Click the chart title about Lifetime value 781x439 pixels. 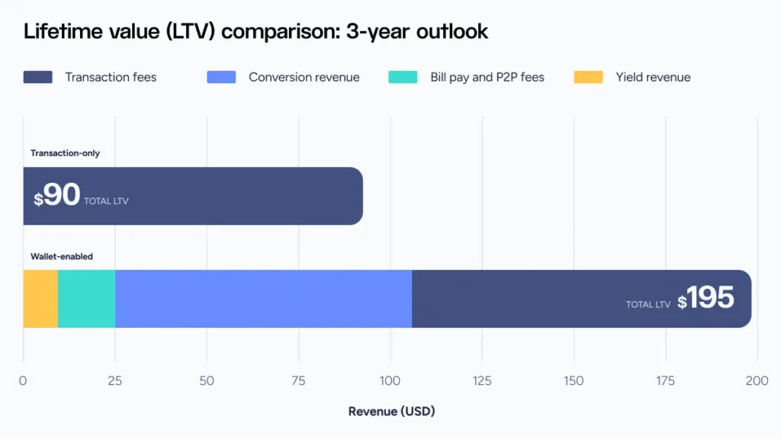(x=256, y=32)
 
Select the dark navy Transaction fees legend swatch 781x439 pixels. (x=38, y=77)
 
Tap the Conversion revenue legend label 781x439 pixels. (x=304, y=77)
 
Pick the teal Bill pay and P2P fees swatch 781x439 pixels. (x=403, y=77)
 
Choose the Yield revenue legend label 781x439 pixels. (x=653, y=77)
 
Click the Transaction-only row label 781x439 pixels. (x=65, y=153)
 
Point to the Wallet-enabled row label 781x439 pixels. (x=62, y=256)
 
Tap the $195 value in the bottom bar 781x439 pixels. (x=706, y=298)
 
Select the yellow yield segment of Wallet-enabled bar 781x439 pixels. (x=40, y=299)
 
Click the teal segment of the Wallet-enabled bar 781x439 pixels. (x=86, y=299)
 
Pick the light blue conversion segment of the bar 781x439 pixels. (x=263, y=299)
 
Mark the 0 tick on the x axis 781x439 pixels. (x=23, y=380)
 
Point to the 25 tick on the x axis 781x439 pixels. (x=114, y=380)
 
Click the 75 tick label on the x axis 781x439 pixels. (x=298, y=380)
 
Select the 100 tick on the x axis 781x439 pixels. (x=390, y=380)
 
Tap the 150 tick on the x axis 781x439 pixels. (x=574, y=380)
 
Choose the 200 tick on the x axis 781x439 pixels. (x=757, y=380)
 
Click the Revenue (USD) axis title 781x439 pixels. (x=391, y=412)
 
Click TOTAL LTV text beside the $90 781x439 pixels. (x=107, y=201)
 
